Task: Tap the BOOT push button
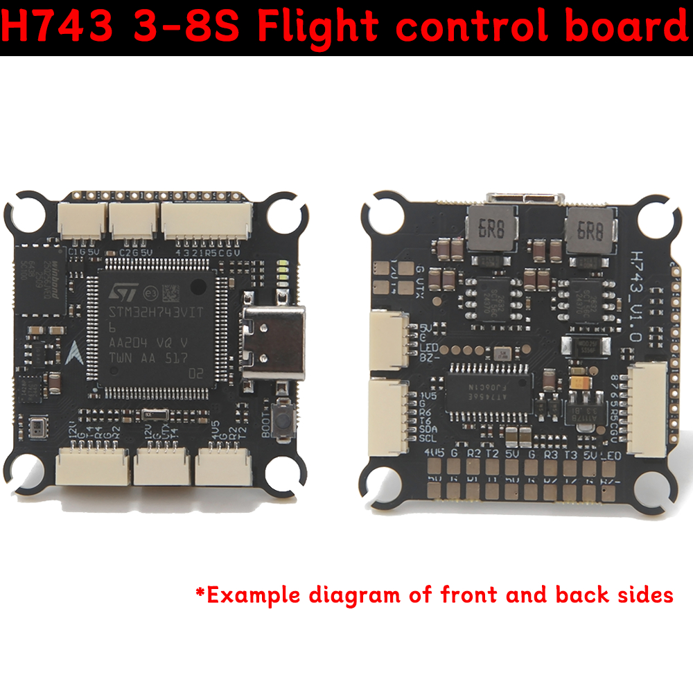click(x=283, y=420)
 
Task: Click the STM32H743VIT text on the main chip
click(x=155, y=313)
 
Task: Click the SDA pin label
click(x=428, y=429)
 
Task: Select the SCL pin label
click(x=428, y=439)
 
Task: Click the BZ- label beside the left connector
click(x=428, y=356)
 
